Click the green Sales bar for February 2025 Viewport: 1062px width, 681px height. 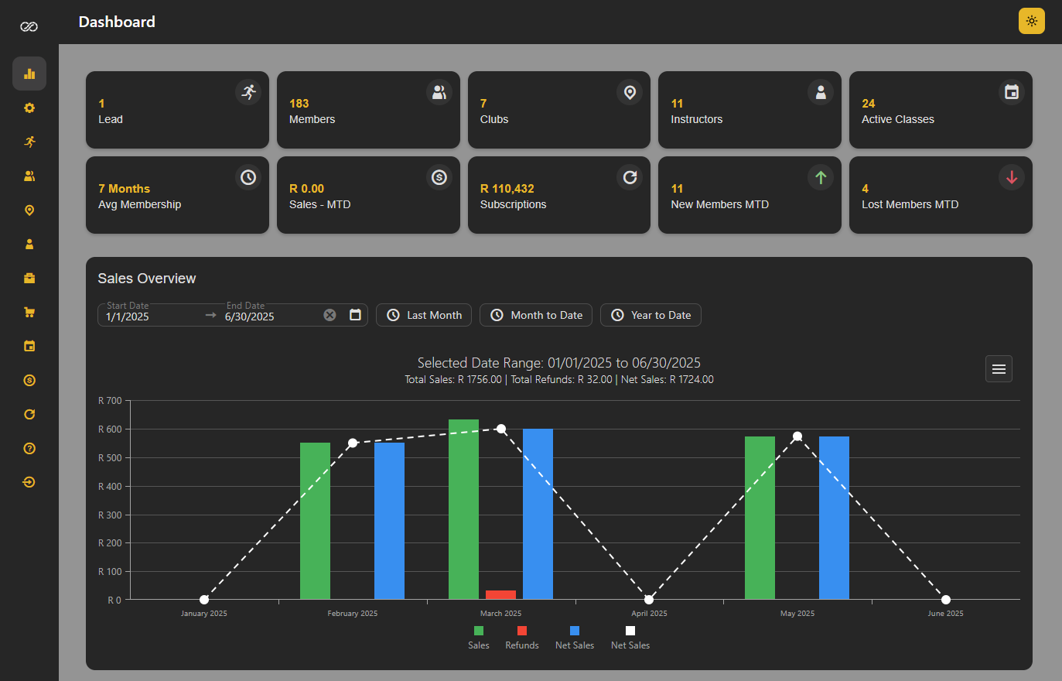pos(315,520)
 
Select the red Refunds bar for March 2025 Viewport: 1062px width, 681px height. pos(500,594)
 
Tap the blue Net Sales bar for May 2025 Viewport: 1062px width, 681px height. pos(834,517)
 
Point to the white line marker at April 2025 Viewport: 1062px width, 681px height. pos(649,600)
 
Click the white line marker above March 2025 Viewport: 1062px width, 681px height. pos(501,429)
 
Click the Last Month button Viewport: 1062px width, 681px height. pos(424,315)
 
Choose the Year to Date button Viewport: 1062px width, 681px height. pos(651,315)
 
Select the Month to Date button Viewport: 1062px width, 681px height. pos(536,315)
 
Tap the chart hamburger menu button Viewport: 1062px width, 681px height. pos(999,369)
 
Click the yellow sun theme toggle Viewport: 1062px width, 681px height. pos(1032,21)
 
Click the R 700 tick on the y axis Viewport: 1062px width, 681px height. pos(110,401)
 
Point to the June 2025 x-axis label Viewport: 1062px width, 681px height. pos(945,614)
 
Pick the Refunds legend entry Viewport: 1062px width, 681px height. pos(522,638)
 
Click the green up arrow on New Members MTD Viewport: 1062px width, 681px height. pos(821,177)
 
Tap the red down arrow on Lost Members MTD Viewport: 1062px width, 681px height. pos(1012,177)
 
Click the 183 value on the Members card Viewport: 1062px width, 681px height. pos(299,104)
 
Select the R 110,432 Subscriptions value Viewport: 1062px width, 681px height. pos(507,189)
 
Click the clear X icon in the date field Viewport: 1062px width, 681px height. pos(330,315)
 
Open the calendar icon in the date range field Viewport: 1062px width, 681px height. pos(355,315)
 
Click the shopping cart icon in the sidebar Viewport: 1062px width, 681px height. pos(29,312)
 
